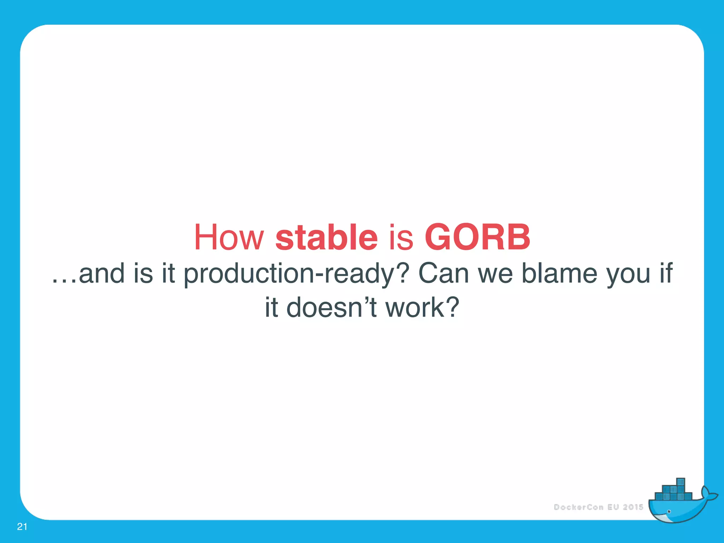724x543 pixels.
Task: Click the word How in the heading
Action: pos(229,237)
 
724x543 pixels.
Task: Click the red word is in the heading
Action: pos(401,237)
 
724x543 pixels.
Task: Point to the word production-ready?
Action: pos(296,274)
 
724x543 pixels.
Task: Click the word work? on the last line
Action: pos(422,307)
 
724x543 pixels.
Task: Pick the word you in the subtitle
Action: pos(628,274)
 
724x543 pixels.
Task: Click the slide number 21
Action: pos(22,527)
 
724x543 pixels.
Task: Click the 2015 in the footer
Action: pos(633,507)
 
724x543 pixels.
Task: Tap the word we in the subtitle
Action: pos(495,274)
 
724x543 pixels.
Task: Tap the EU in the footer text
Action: pos(613,507)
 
